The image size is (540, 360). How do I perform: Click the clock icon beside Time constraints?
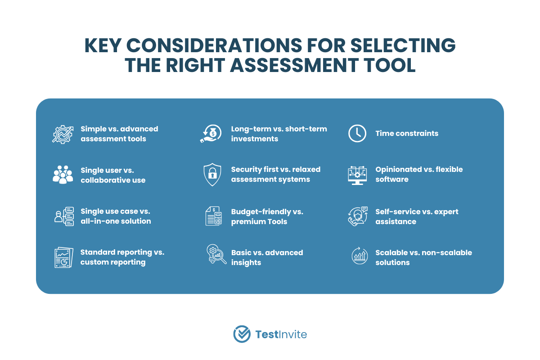tap(357, 133)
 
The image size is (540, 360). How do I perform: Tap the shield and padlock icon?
tap(212, 175)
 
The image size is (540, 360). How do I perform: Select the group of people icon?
tap(63, 175)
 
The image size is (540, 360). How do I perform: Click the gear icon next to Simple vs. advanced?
tap(63, 134)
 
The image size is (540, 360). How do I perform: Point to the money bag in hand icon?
tap(211, 133)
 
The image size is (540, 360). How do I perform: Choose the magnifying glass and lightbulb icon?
tap(216, 254)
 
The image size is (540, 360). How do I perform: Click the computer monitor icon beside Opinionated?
tap(357, 175)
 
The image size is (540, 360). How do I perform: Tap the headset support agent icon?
tap(358, 216)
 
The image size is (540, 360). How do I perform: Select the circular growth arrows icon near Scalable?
tap(360, 256)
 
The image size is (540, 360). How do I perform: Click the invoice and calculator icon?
tap(214, 216)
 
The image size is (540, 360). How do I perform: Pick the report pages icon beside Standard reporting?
tap(63, 257)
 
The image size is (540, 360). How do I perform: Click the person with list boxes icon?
tap(64, 216)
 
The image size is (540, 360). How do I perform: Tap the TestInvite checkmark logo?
tap(242, 334)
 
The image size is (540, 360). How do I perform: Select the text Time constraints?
tap(407, 133)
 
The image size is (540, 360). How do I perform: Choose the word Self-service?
tap(397, 211)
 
